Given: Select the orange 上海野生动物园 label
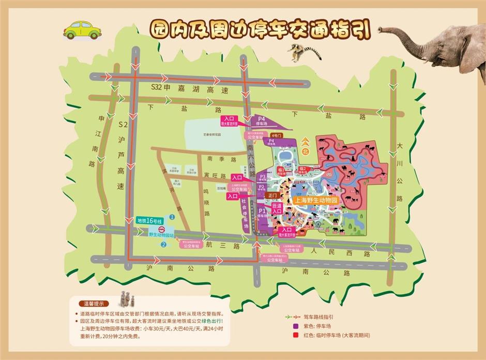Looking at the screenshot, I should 315,199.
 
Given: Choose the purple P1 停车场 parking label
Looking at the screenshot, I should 262,213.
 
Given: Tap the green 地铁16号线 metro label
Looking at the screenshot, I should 149,220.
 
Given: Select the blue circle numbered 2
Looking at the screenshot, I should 163,245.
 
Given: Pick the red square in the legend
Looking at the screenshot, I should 296,335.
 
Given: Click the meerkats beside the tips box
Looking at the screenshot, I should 127,298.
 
